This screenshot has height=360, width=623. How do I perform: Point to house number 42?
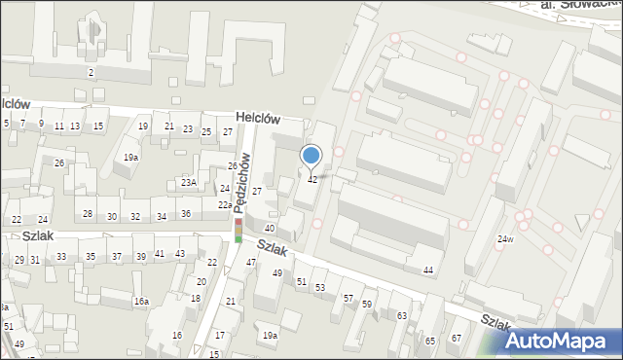(x=312, y=180)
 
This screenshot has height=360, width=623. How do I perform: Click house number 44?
(x=427, y=270)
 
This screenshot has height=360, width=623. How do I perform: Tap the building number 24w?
(x=504, y=239)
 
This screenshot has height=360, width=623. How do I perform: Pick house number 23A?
(x=188, y=182)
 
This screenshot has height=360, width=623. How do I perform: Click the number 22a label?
(x=224, y=205)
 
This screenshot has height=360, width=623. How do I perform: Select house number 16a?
(x=141, y=302)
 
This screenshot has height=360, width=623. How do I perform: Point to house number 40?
(x=272, y=228)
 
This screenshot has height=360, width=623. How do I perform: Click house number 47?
(x=250, y=263)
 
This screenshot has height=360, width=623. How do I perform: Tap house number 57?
(x=348, y=298)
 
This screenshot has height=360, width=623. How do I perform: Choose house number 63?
(x=401, y=316)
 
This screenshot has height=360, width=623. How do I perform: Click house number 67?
(x=456, y=338)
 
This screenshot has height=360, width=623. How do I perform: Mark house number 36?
(x=185, y=214)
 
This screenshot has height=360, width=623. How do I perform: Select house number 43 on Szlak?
(x=180, y=254)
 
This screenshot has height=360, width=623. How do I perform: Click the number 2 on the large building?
(x=90, y=73)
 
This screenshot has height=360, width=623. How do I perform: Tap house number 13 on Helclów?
(x=76, y=126)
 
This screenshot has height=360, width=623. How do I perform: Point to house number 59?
(x=367, y=305)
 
